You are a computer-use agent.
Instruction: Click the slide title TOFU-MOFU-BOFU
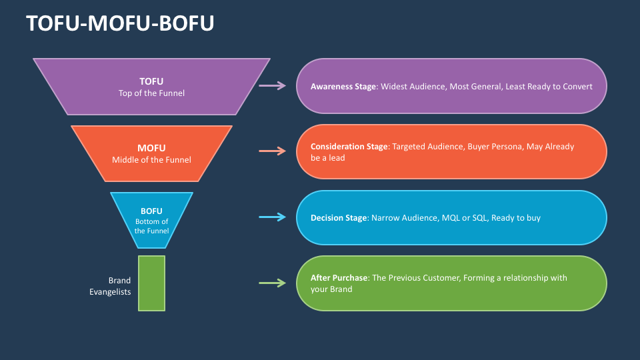coord(120,23)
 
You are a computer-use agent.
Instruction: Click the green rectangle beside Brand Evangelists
coord(151,283)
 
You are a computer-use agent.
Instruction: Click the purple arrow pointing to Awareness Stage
coord(272,85)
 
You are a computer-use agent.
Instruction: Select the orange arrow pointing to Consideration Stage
coord(272,151)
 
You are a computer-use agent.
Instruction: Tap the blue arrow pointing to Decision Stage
coord(272,217)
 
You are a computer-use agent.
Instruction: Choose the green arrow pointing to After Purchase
coord(272,283)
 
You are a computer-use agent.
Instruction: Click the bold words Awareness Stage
coord(343,87)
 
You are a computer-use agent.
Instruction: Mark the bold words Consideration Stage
coord(349,147)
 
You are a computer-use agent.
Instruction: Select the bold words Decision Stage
coord(339,218)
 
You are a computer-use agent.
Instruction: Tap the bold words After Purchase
coord(339,277)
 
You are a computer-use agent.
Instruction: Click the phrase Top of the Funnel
coord(151,93)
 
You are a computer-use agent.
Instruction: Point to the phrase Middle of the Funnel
coord(151,159)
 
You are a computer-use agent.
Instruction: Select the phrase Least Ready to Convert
coord(549,87)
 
